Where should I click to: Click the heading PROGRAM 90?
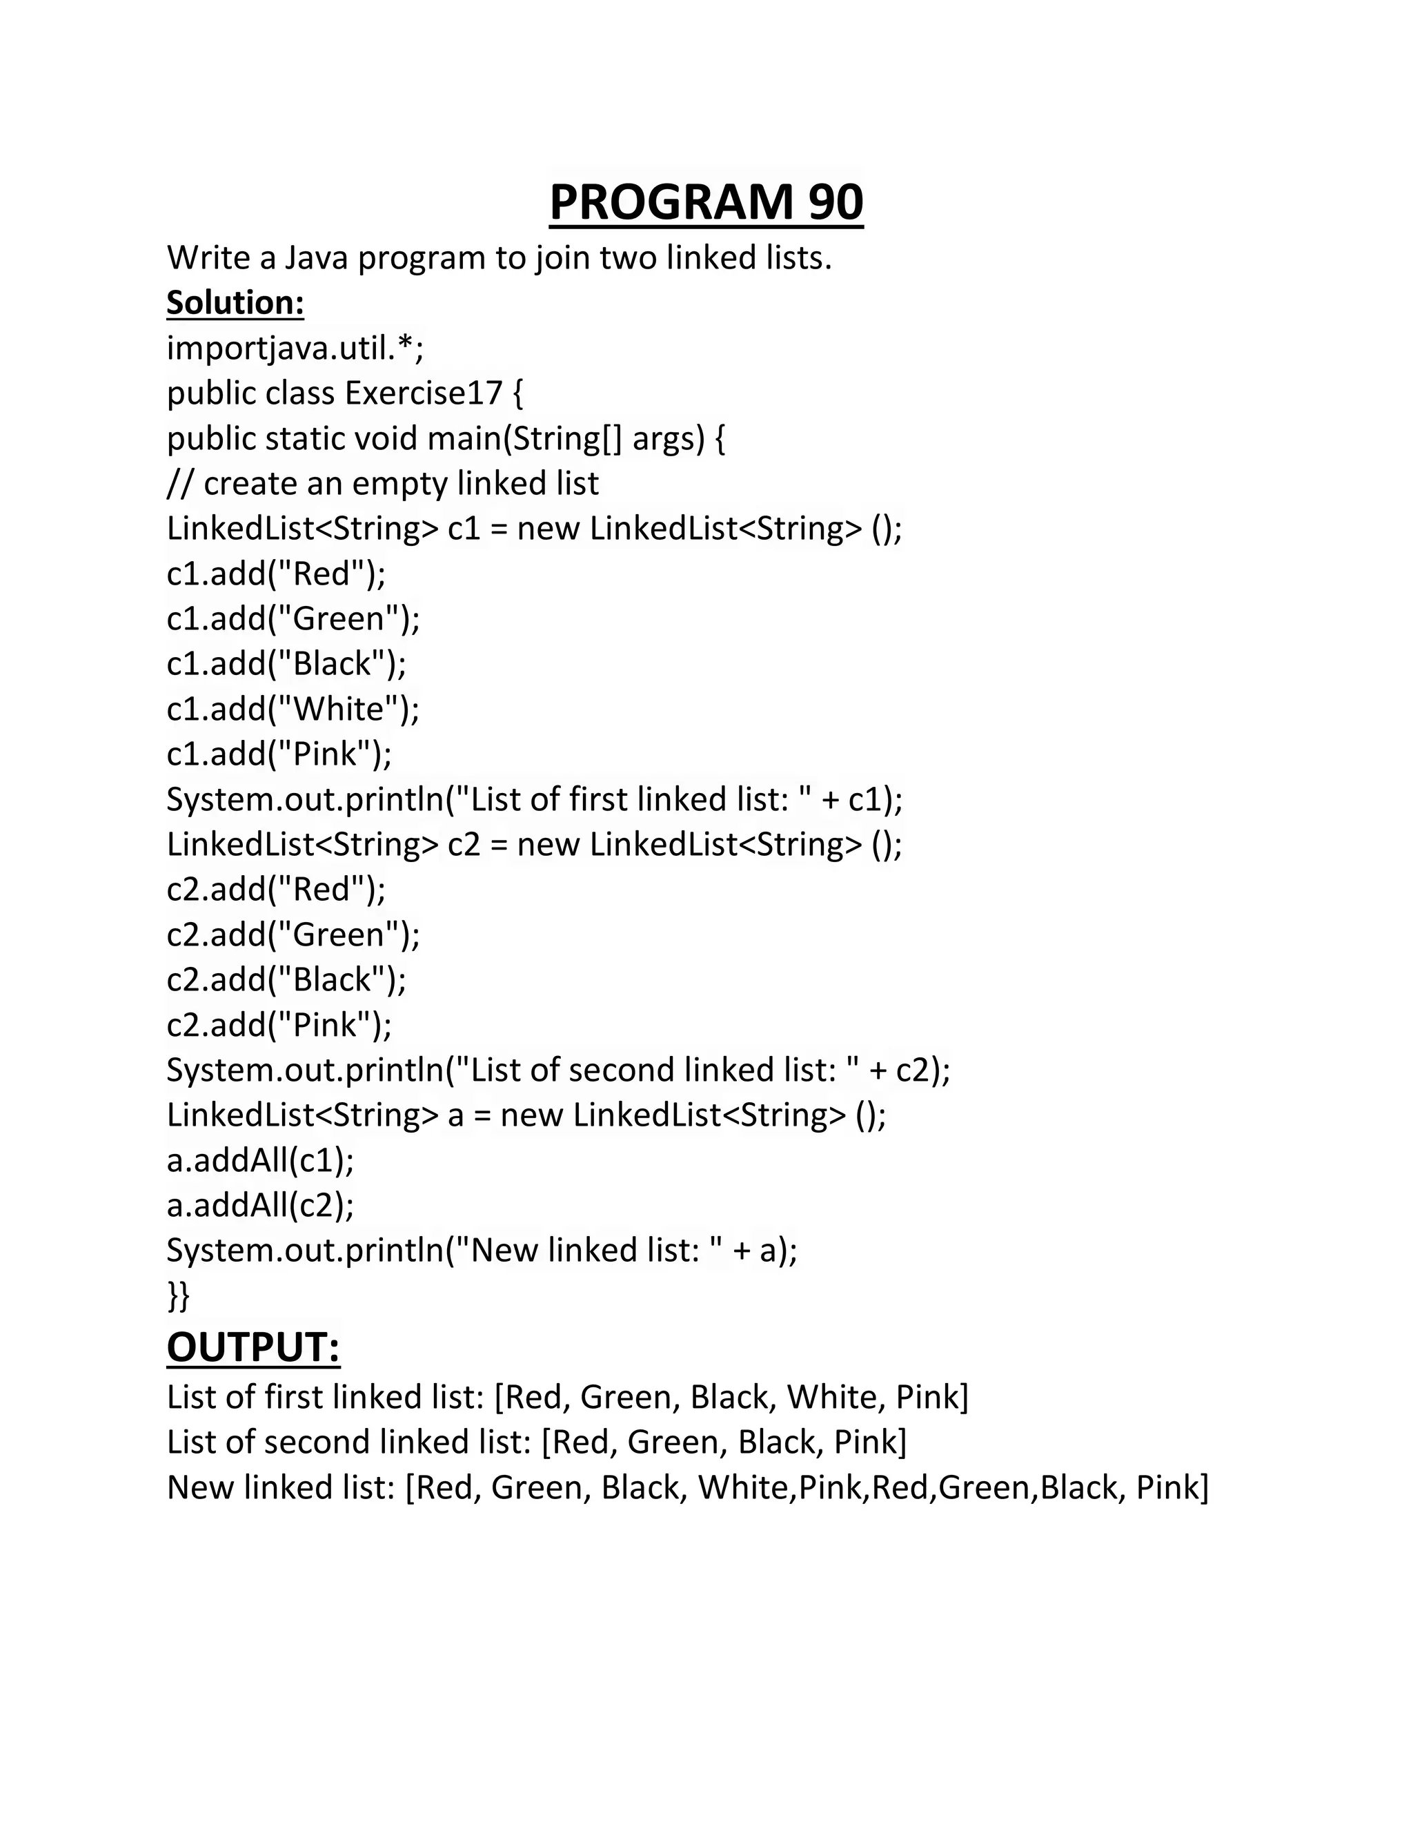pos(706,203)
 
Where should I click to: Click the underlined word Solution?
pos(235,302)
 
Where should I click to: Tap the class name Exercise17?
pos(423,393)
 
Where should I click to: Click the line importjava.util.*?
pos(295,348)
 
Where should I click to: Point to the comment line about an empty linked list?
pos(382,483)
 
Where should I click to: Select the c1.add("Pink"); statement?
pos(279,754)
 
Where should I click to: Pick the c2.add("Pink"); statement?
pos(279,1024)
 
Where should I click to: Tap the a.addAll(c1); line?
pos(260,1160)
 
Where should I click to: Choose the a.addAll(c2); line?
pos(260,1205)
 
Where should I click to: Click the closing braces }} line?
pos(178,1295)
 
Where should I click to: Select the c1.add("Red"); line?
pos(276,574)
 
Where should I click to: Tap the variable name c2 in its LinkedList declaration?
pos(464,844)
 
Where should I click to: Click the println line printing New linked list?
pos(482,1251)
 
